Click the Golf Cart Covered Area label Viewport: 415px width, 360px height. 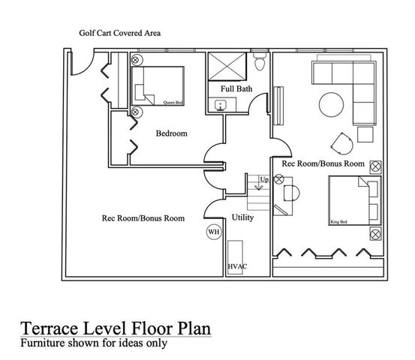point(120,34)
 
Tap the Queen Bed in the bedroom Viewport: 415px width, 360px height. point(159,85)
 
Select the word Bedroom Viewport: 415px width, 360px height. point(171,134)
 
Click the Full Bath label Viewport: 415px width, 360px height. point(236,89)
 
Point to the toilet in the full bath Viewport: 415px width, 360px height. point(260,63)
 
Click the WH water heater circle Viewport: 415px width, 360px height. point(214,232)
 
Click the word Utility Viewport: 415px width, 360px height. point(242,217)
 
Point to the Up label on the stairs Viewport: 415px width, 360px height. point(263,179)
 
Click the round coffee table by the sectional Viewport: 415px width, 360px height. point(330,103)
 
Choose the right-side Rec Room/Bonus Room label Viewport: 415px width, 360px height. point(323,163)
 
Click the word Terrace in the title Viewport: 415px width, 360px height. point(47,328)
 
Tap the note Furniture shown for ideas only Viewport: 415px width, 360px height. point(94,343)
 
